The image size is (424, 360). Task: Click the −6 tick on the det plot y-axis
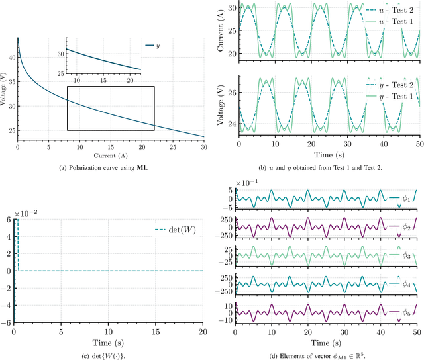click(x=9, y=323)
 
